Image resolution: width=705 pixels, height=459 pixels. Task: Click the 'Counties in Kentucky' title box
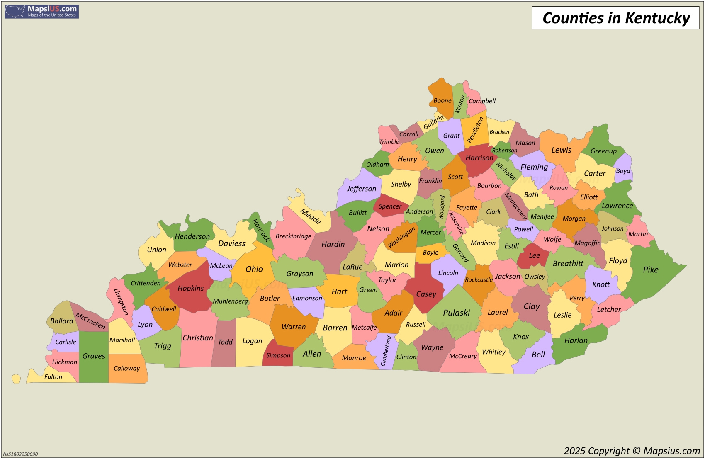click(x=615, y=18)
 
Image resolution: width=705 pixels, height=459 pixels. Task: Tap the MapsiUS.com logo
click(x=42, y=12)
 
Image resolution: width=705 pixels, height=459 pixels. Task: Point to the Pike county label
click(x=651, y=270)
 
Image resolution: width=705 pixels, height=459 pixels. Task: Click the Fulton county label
click(x=53, y=377)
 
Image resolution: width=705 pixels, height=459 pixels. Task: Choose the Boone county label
click(x=442, y=101)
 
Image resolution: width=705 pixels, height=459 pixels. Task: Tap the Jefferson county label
click(x=362, y=189)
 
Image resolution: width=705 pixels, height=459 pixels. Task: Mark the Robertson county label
click(x=504, y=151)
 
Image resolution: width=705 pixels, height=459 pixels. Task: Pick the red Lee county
click(x=534, y=256)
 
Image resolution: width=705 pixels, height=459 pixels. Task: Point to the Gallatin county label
click(x=433, y=122)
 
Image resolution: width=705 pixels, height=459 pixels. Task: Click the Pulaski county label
click(x=456, y=313)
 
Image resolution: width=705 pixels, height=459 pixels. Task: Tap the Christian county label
click(x=198, y=338)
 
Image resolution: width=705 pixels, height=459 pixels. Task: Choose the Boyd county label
click(x=623, y=171)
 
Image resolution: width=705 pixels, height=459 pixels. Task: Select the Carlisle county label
click(x=66, y=342)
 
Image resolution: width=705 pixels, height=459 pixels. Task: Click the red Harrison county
click(x=479, y=159)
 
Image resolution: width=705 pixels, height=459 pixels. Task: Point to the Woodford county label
click(x=442, y=207)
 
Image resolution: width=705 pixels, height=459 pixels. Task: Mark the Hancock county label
click(x=261, y=231)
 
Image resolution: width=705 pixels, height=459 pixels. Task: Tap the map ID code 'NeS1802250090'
click(x=20, y=454)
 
